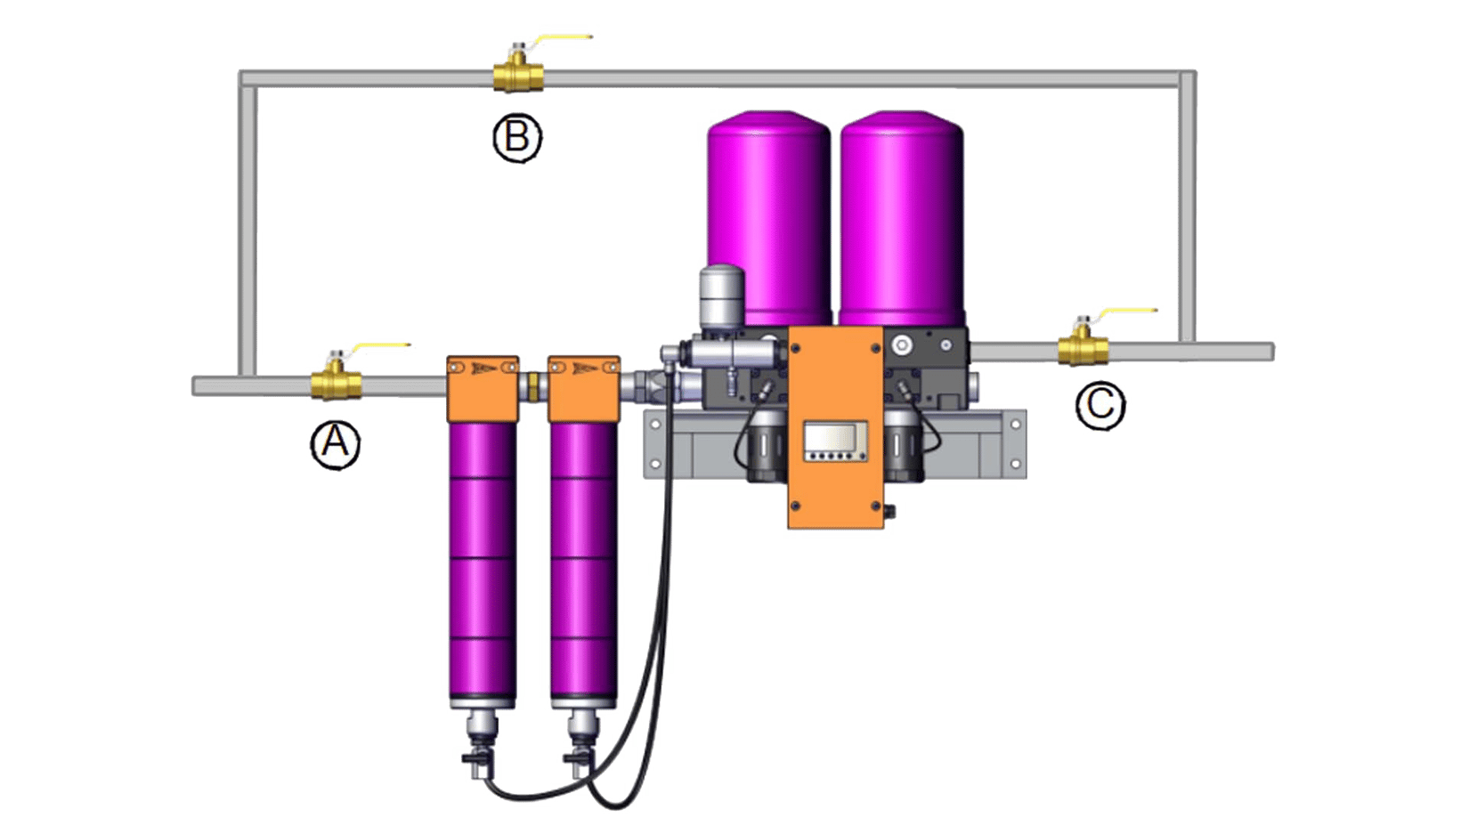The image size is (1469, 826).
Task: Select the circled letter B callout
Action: pos(517,138)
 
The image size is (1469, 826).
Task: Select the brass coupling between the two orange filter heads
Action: pos(532,387)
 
